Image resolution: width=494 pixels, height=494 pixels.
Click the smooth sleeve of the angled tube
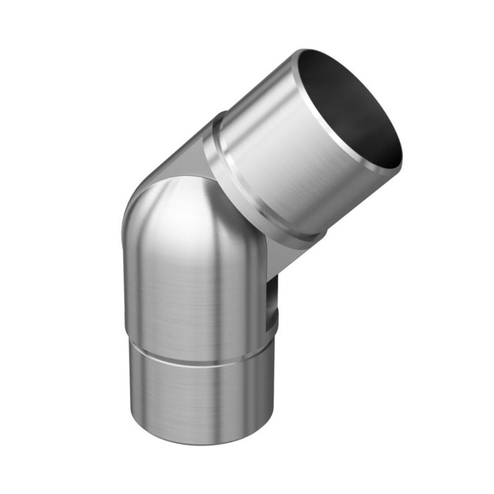point(278,154)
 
